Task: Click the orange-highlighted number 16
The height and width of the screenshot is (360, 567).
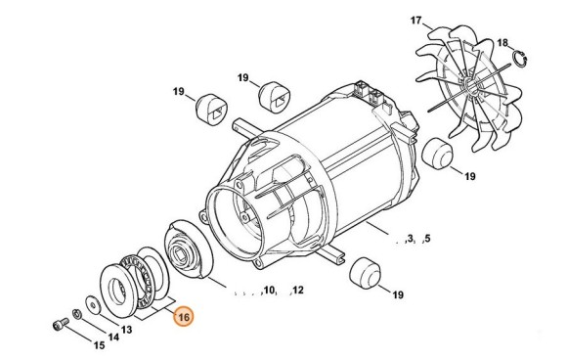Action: (x=184, y=317)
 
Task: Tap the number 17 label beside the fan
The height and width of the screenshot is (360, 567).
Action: (x=416, y=21)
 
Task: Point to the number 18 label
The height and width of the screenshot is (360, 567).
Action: (x=502, y=43)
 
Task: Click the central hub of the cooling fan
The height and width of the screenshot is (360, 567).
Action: (x=469, y=86)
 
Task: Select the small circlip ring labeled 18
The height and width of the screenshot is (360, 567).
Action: (x=520, y=59)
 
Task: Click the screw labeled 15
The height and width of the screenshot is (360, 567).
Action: (x=61, y=324)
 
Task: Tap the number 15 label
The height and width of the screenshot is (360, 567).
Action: (x=99, y=345)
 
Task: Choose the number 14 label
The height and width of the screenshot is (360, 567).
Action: (x=113, y=337)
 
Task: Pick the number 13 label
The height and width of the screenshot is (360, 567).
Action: (x=126, y=330)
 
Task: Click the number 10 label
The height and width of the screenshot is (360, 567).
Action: (x=270, y=290)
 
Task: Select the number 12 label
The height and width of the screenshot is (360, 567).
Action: (x=297, y=290)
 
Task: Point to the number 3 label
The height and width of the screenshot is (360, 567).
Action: (x=410, y=239)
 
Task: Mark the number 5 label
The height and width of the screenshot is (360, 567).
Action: (x=427, y=239)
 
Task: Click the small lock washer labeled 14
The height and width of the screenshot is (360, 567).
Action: (x=76, y=314)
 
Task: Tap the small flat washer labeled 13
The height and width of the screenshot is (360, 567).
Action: (x=93, y=304)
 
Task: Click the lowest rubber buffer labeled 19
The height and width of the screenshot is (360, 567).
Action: (x=366, y=274)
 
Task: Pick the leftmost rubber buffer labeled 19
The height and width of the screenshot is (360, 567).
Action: (x=211, y=110)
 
